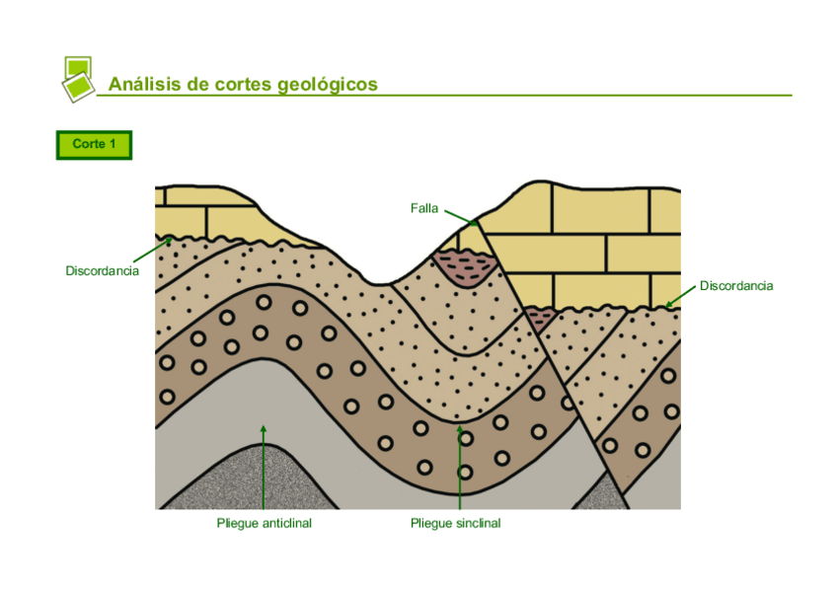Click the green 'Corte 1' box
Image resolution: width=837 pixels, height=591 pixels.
[x=94, y=145]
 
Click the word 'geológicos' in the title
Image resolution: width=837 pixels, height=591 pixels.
[x=328, y=85]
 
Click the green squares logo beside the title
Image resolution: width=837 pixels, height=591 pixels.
[x=77, y=78]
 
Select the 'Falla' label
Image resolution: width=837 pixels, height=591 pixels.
[x=423, y=208]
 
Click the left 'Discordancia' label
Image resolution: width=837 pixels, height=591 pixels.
[x=102, y=270]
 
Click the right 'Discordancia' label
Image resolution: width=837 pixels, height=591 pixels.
[x=736, y=286]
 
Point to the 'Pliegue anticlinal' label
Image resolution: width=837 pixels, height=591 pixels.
[x=264, y=523]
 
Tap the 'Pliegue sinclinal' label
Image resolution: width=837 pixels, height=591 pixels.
[x=455, y=523]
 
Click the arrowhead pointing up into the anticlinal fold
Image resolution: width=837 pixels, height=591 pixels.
[x=264, y=428]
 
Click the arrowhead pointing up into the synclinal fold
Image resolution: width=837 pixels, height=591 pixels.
[x=460, y=428]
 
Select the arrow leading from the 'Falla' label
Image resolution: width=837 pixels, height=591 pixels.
[x=459, y=217]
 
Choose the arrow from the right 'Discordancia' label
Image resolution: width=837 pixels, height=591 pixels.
[x=681, y=296]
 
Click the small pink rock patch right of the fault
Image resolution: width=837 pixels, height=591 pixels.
[x=538, y=318]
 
